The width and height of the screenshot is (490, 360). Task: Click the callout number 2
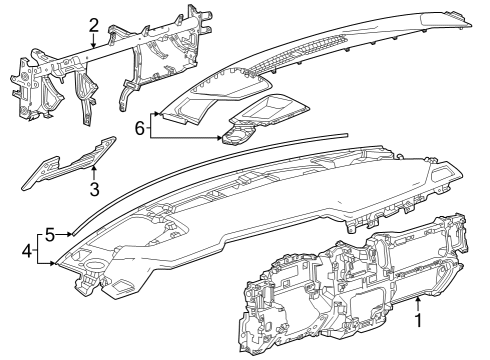[93, 25]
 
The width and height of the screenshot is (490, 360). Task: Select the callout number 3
[93, 188]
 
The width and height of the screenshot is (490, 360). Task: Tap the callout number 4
[26, 250]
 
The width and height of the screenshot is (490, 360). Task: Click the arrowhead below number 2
[93, 47]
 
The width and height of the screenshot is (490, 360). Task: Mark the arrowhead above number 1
[418, 298]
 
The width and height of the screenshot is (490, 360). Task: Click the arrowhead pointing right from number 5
[74, 234]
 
